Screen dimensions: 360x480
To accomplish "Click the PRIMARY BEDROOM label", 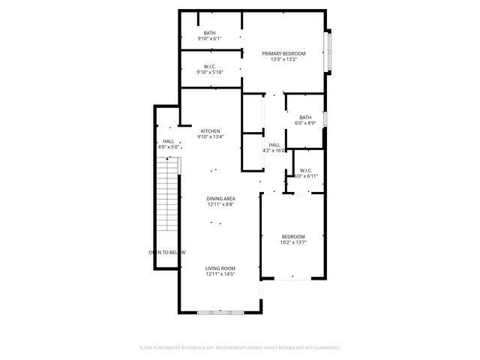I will coord(283,54).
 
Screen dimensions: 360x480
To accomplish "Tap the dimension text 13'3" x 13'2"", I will coord(283,60).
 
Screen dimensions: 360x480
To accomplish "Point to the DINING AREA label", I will coord(220,199).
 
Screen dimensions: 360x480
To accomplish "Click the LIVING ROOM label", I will coord(220,268).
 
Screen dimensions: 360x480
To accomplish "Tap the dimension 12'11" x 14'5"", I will coord(220,274).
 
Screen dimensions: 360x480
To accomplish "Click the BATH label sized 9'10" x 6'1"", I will coord(209,33).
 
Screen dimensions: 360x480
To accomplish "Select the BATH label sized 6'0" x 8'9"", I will coord(305,118).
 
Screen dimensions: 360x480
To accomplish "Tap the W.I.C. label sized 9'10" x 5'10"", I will coord(209,67).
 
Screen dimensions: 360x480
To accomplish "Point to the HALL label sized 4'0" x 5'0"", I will coord(169,142).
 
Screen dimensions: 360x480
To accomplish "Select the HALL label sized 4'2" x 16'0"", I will coord(274,145).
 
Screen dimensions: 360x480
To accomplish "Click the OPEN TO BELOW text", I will coord(167,253).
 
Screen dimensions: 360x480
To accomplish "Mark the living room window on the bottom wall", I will coord(220,311).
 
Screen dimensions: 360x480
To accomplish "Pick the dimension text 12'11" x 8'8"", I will coord(220,205).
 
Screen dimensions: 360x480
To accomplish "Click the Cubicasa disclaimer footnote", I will coord(240,348).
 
